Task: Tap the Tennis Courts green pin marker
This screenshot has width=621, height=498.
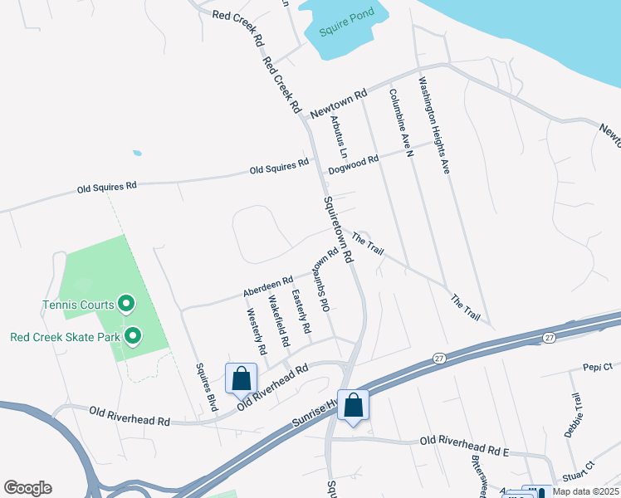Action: click(x=126, y=304)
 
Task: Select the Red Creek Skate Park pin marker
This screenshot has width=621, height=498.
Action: click(x=131, y=336)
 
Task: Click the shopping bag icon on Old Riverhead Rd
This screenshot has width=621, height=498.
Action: click(x=241, y=378)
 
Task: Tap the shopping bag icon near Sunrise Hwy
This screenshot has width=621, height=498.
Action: click(x=353, y=405)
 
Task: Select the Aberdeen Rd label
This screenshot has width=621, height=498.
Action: click(x=267, y=287)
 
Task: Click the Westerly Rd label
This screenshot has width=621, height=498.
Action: click(x=257, y=332)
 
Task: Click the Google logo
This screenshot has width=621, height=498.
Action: click(x=27, y=488)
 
